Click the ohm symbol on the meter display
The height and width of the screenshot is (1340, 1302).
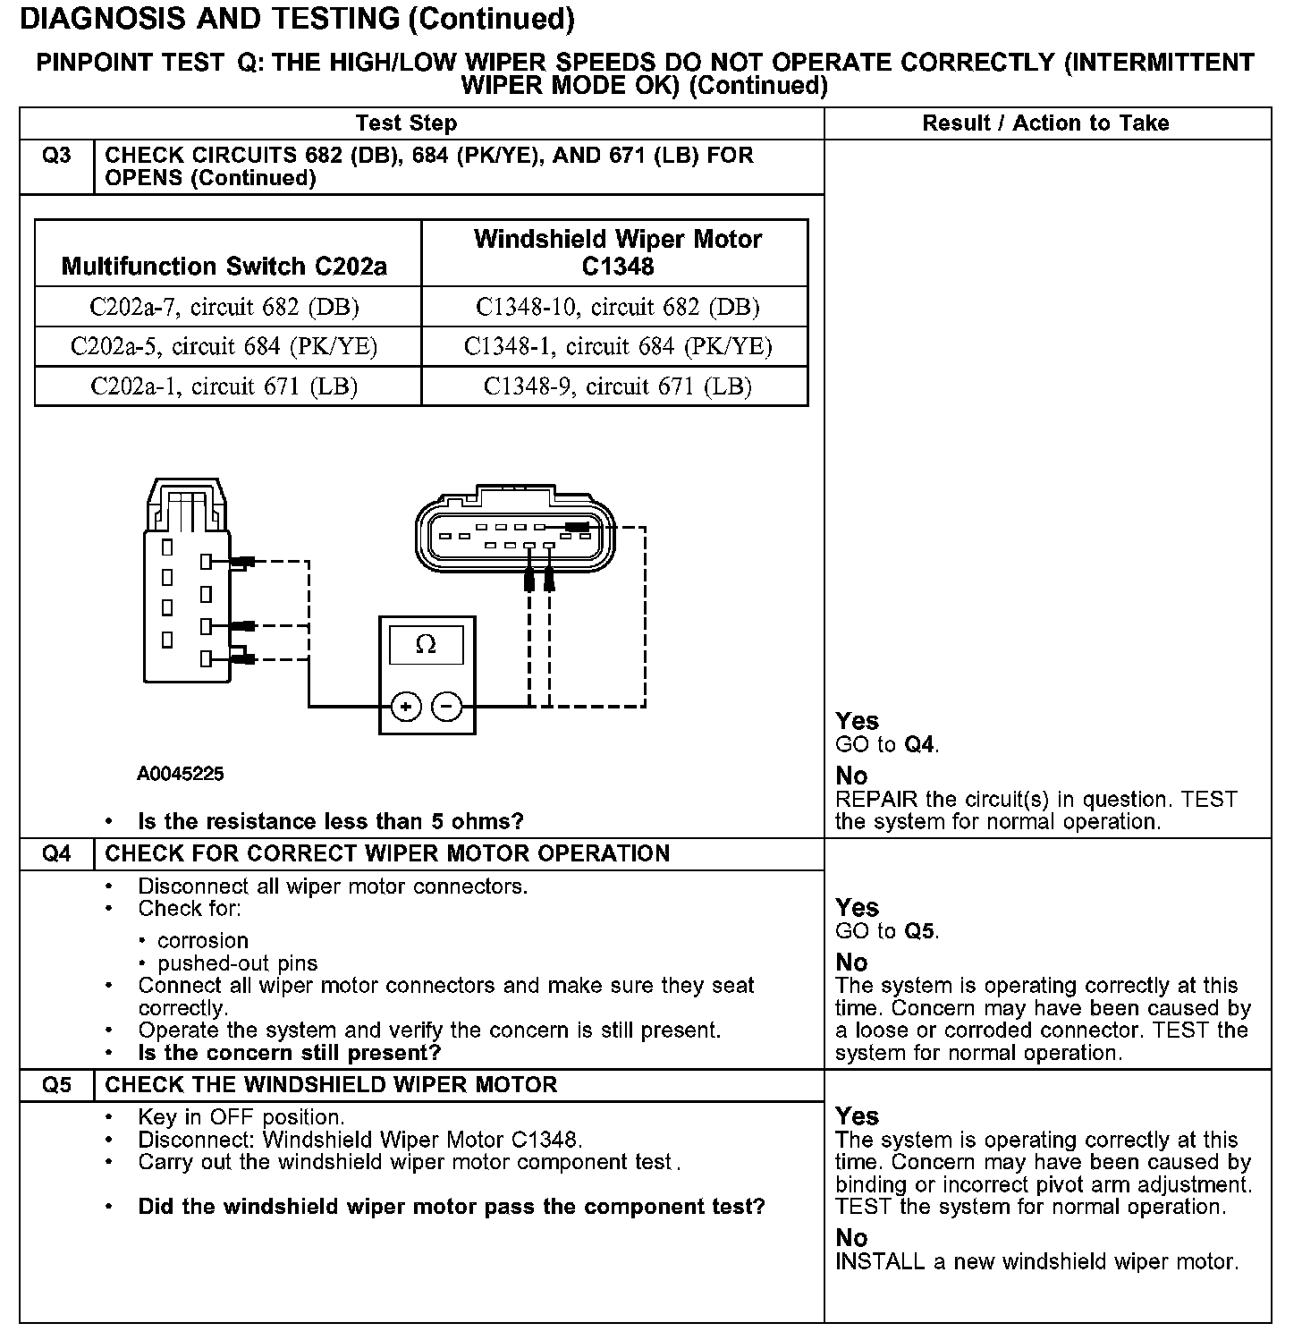pos(427,644)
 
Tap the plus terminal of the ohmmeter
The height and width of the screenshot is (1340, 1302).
pos(406,707)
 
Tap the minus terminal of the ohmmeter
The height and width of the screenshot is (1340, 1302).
pos(447,707)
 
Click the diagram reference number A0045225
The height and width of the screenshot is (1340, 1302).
pos(181,774)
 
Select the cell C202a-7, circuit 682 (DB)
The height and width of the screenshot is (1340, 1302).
pos(224,307)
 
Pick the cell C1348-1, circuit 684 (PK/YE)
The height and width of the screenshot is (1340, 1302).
pos(617,346)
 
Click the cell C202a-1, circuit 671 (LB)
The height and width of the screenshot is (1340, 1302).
pos(224,386)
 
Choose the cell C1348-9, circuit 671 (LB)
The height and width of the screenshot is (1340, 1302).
pos(617,386)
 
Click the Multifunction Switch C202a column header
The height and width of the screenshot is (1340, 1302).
pos(224,266)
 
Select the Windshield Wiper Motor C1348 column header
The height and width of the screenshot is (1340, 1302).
pos(617,252)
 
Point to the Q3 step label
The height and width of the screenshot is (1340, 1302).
pos(56,156)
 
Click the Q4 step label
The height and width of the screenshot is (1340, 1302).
pos(56,853)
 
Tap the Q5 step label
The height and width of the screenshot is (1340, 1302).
pos(56,1084)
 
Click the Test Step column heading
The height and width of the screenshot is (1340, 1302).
pos(406,123)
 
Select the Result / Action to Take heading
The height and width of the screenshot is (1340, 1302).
pos(1045,123)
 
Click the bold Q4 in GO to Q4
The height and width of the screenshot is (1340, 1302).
pos(920,744)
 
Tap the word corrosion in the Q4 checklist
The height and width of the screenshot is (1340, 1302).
pos(202,940)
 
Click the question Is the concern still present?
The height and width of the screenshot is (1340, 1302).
pos(290,1052)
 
